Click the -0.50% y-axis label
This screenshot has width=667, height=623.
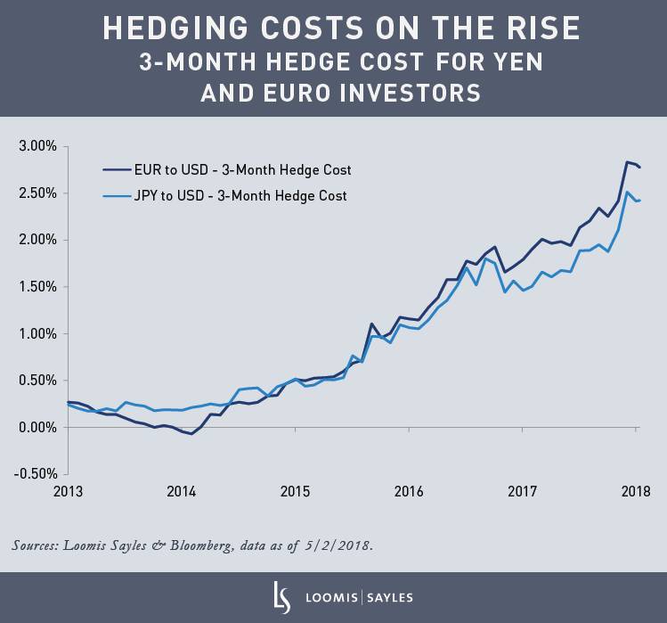[34, 474]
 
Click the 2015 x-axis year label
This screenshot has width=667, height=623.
[295, 491]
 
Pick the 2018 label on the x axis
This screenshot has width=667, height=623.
[636, 491]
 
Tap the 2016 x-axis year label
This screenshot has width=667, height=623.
[409, 491]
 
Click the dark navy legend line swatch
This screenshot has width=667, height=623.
[115, 169]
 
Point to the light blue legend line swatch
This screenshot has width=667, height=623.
[115, 195]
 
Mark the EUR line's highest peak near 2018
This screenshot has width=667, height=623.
[627, 161]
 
